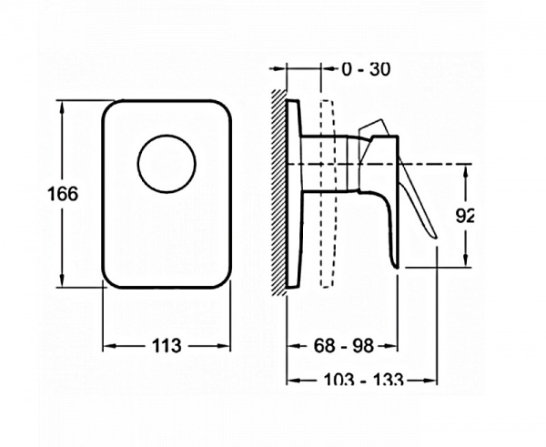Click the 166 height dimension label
coord(63,194)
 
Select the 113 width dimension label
coord(167,346)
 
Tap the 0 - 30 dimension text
coord(366,69)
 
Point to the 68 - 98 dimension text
coord(343,346)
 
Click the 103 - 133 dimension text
coord(363,379)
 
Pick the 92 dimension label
coord(465,217)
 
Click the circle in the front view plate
coord(167,135)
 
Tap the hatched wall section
coord(279,192)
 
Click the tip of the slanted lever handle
coord(436,238)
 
